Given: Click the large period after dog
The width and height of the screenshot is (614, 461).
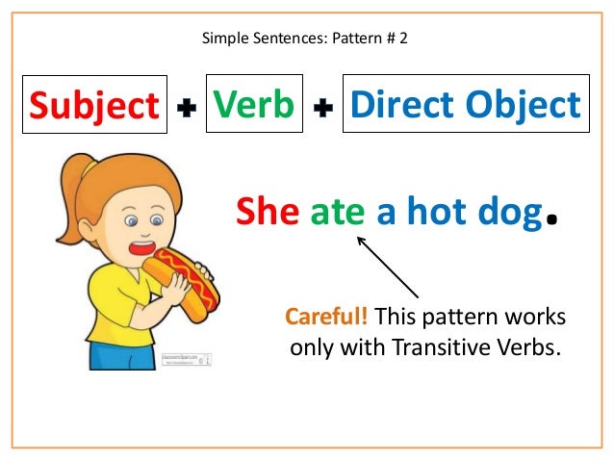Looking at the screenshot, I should click(552, 223).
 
